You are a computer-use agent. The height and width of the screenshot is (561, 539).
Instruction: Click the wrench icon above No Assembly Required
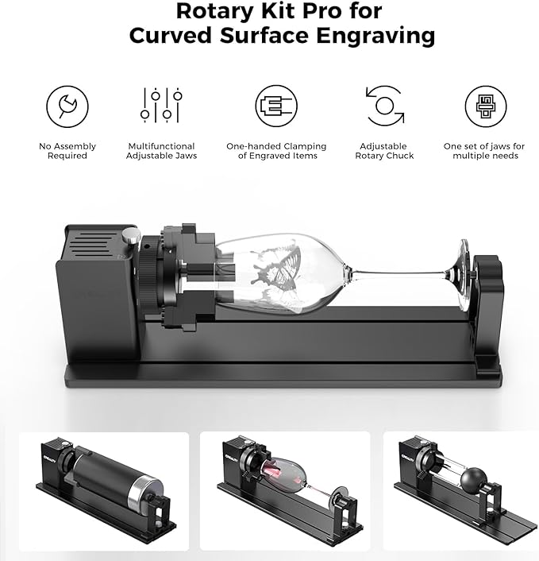pos(67,106)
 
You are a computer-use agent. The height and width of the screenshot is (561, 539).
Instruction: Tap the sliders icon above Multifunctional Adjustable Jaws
pos(161,106)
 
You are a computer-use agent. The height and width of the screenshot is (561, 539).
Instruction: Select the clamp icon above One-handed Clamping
pos(275,106)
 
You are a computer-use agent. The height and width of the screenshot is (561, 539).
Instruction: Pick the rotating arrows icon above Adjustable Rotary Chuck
pos(384,106)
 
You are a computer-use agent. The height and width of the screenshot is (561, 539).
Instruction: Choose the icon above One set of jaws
pos(484,106)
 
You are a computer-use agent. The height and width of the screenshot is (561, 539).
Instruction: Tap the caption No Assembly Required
pos(67,151)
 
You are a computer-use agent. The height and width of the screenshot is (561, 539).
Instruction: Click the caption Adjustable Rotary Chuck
pos(384,151)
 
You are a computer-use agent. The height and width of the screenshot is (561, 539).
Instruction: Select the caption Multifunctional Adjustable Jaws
pos(161,151)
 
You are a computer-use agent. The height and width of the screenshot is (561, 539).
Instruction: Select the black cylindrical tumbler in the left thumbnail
pos(103,479)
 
